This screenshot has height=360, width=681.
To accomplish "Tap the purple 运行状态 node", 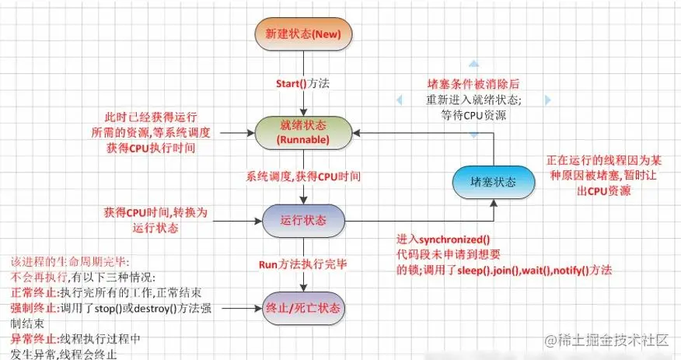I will tap(303, 220).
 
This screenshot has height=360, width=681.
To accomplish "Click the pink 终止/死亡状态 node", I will tap(303, 309).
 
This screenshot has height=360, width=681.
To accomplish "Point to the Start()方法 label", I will tap(303, 83).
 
